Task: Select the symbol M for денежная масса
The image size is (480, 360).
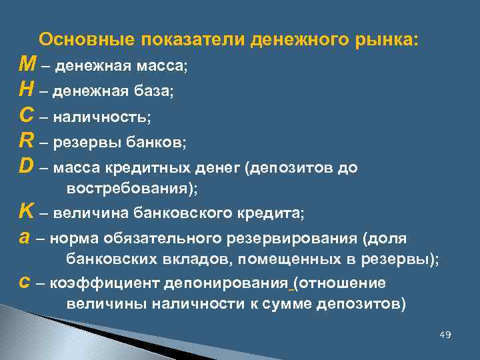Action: click(28, 65)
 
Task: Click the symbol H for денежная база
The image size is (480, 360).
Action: click(27, 90)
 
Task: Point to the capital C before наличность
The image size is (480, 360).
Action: click(27, 116)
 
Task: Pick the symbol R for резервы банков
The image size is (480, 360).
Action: click(27, 141)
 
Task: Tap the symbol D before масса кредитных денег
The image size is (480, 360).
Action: click(27, 167)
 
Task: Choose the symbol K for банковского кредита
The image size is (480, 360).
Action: click(27, 213)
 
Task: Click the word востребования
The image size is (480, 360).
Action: click(127, 189)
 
